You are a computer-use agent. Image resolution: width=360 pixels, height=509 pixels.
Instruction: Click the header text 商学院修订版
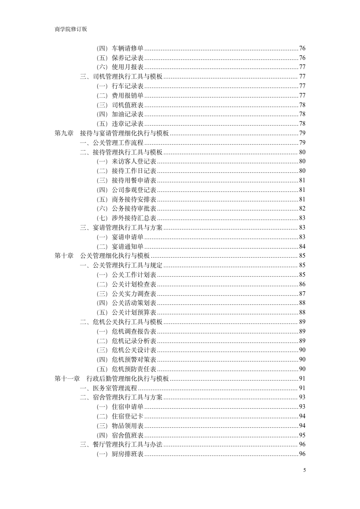(x=70, y=29)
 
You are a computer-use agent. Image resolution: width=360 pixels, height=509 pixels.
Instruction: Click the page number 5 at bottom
(x=304, y=470)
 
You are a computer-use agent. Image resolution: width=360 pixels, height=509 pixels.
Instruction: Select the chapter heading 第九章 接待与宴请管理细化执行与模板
(x=112, y=133)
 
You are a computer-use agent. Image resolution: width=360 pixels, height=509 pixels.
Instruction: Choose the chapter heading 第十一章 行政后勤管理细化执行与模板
(x=112, y=378)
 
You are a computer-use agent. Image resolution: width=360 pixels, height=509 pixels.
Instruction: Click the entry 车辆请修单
(x=128, y=48)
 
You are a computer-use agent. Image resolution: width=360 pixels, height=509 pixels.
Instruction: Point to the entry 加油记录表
(x=128, y=114)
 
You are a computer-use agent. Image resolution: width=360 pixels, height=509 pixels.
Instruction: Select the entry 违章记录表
(x=128, y=123)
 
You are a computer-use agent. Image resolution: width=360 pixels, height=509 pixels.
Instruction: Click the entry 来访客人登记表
(x=134, y=161)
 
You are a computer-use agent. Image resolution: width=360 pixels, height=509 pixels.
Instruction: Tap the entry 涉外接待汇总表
(x=134, y=218)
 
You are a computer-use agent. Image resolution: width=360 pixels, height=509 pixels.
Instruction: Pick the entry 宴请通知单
(x=128, y=246)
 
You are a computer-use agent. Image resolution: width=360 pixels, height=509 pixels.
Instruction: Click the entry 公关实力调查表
(x=134, y=294)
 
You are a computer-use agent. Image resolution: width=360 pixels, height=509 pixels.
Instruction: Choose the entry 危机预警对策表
(x=134, y=359)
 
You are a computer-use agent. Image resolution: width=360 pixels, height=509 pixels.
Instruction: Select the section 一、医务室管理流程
(x=108, y=388)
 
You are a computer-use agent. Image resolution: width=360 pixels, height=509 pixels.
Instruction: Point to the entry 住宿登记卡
(x=128, y=416)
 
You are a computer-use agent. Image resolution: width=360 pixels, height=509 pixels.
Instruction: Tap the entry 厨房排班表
(x=128, y=454)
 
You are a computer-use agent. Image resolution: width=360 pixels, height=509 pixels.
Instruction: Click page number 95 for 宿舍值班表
(x=302, y=435)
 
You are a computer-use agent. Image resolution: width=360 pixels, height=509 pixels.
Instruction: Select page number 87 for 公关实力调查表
(x=302, y=294)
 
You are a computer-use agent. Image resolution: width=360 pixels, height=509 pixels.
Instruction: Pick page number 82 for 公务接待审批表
(x=302, y=208)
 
